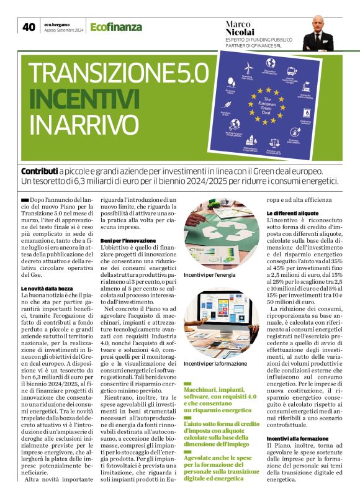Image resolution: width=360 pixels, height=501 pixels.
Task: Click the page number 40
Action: pyautogui.click(x=29, y=27)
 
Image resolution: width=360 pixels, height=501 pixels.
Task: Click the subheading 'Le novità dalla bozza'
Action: pyautogui.click(x=48, y=289)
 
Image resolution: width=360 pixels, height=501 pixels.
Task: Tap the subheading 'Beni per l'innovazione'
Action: pyautogui.click(x=128, y=240)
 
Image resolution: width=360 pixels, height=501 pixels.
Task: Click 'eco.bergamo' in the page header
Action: pyautogui.click(x=58, y=24)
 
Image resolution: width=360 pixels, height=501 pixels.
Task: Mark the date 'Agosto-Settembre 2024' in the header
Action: pyautogui.click(x=64, y=30)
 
